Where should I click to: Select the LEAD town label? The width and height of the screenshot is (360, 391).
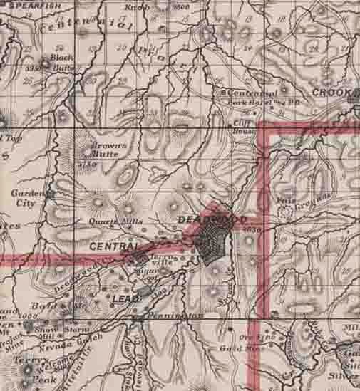pyautogui.click(x=125, y=296)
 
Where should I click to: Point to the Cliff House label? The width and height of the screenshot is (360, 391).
pyautogui.click(x=245, y=127)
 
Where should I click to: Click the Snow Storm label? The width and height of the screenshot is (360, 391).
pyautogui.click(x=53, y=329)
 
